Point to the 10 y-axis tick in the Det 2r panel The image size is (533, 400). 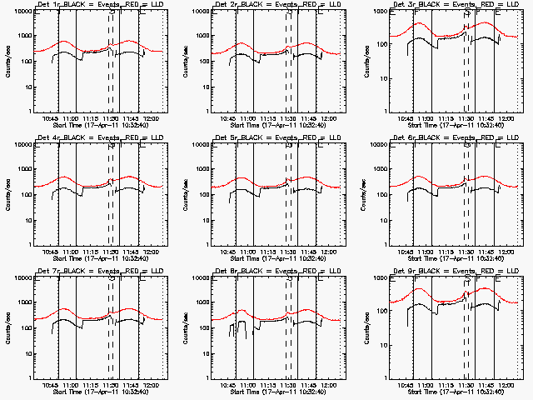pos(208,87)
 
